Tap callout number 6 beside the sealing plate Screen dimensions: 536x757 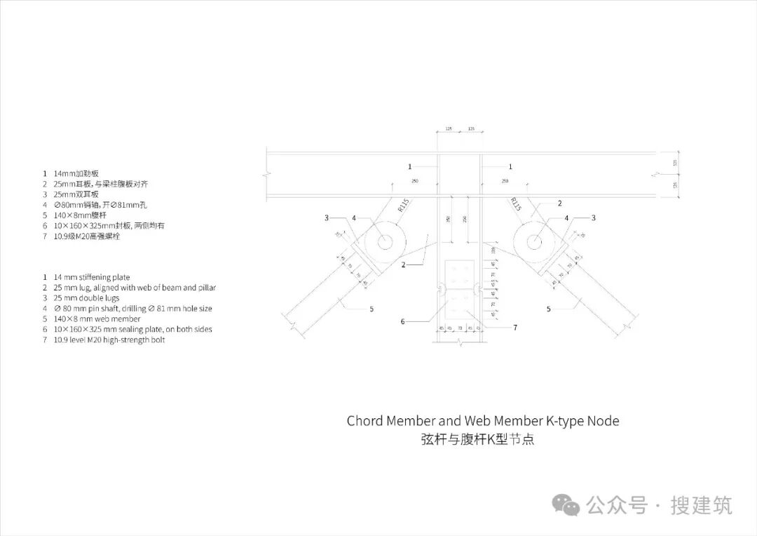(402, 322)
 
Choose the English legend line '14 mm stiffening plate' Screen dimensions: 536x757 (92, 278)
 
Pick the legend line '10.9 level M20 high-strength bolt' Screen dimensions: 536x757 (109, 340)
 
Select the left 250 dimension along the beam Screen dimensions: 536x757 (415, 182)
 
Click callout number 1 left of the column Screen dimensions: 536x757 (411, 166)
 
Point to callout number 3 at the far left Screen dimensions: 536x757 (327, 218)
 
